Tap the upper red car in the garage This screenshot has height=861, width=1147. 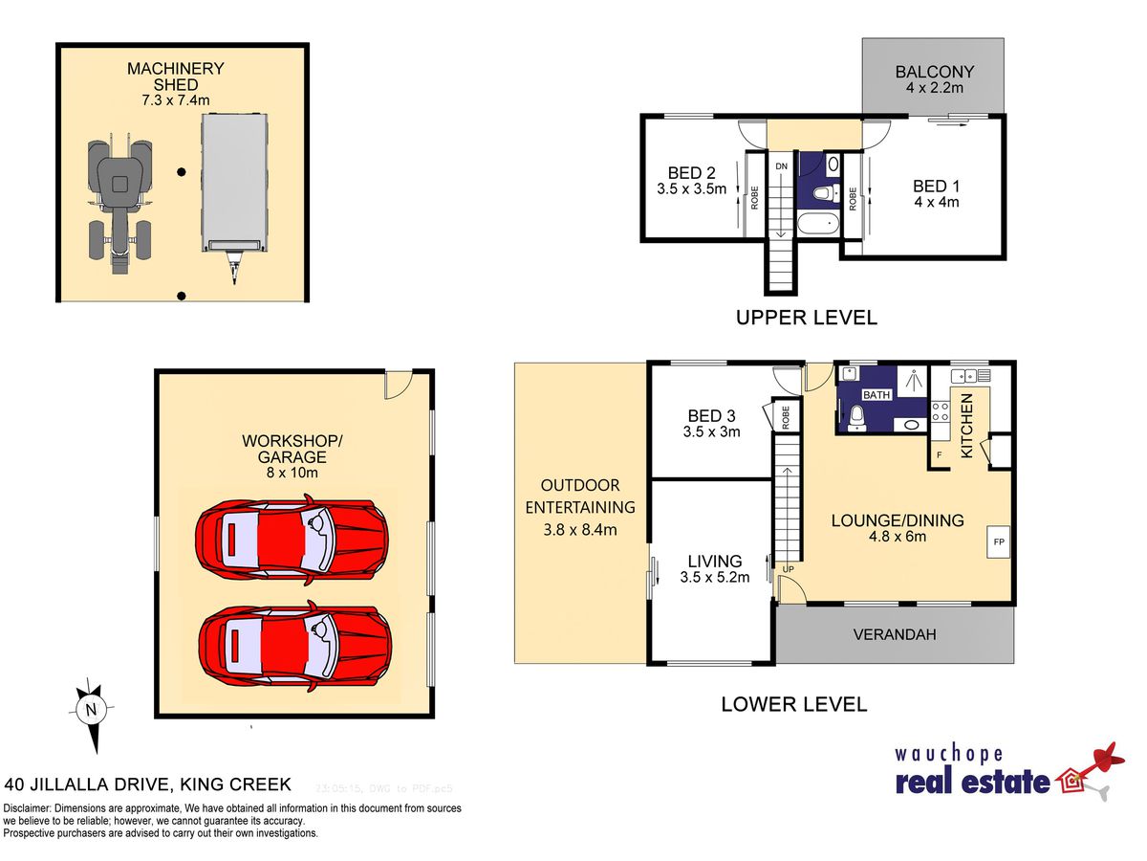click(x=292, y=540)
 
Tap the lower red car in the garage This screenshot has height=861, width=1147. click(x=295, y=646)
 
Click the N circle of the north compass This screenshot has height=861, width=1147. click(x=91, y=710)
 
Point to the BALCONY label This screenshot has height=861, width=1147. click(x=935, y=72)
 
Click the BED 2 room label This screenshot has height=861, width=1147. click(x=691, y=173)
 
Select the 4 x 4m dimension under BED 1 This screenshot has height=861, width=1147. click(x=937, y=202)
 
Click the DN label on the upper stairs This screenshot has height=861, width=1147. click(x=781, y=166)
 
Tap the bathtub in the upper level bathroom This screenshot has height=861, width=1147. click(x=818, y=226)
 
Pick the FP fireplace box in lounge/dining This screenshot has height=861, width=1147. click(x=998, y=541)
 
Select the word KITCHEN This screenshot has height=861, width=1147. click(x=966, y=426)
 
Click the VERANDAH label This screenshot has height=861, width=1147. click(x=895, y=634)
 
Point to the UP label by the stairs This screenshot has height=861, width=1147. click(x=788, y=569)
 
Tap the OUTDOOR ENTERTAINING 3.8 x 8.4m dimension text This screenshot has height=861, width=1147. click(x=580, y=530)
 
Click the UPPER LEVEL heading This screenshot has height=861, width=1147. click(x=807, y=318)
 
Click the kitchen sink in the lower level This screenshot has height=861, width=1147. click(x=964, y=375)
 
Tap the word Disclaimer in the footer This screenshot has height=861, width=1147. click(x=26, y=808)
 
